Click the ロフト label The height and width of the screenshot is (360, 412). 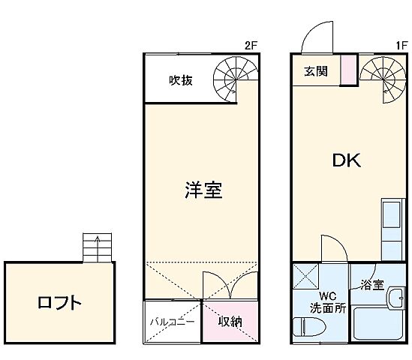point(59,304)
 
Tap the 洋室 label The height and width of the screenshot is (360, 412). point(203,190)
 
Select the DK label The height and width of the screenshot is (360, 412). point(347,160)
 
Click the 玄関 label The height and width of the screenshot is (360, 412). point(315,72)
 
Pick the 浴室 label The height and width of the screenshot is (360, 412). point(372,285)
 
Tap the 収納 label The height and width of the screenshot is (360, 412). point(230,322)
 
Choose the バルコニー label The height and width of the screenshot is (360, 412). point(172,322)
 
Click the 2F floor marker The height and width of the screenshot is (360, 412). point(251,45)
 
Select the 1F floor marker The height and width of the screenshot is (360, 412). point(401,45)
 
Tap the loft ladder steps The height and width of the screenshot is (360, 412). point(97,247)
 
